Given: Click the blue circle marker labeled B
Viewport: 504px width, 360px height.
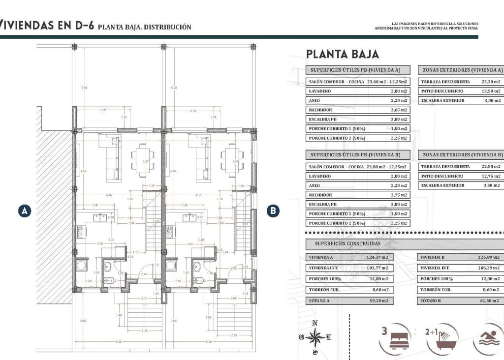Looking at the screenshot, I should click(x=274, y=211).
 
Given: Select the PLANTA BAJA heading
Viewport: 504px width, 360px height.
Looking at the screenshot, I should click(x=342, y=54).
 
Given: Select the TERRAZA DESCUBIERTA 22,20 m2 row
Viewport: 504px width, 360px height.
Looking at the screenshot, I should click(x=461, y=82).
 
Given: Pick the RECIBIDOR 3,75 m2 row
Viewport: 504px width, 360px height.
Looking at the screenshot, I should click(x=358, y=195).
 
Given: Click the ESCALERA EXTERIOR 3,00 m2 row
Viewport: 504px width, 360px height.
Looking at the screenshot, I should click(x=461, y=100).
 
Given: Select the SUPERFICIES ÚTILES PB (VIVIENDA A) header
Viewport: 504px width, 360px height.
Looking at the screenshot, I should click(x=358, y=70).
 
